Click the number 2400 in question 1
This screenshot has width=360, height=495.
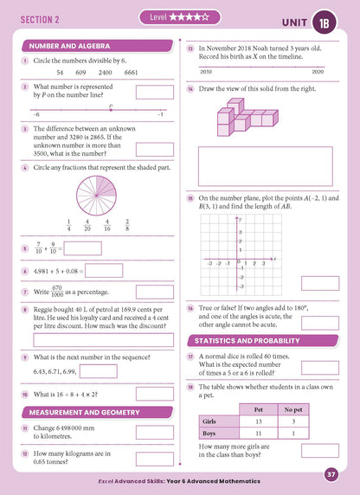click(103, 73)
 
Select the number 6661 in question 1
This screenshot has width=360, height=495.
click(132, 73)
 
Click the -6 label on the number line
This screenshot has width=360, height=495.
click(35, 115)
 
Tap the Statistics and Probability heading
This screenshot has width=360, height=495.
click(259, 339)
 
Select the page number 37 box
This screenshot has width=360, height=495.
click(331, 474)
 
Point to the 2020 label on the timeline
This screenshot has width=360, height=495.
click(317, 72)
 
